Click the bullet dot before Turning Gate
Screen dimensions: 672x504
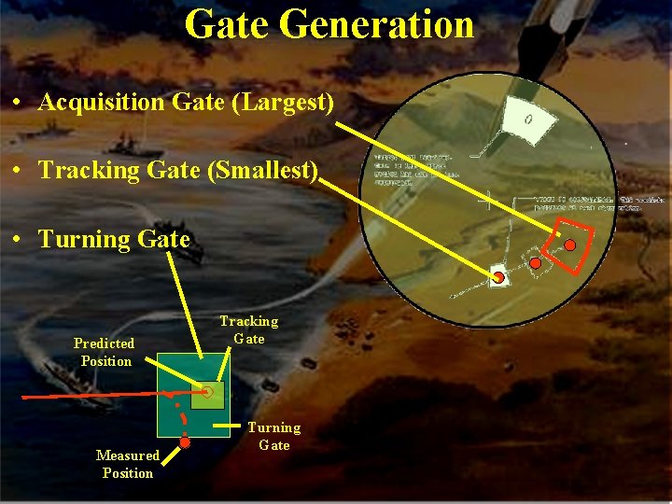(19, 240)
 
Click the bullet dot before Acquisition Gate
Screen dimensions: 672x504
(19, 103)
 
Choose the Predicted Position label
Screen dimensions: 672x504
(105, 352)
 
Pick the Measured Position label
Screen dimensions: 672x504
(128, 464)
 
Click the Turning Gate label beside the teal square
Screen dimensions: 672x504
(273, 436)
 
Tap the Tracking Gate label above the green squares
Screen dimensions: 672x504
(248, 329)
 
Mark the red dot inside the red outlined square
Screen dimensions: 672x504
(569, 245)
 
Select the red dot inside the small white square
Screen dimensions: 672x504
(499, 278)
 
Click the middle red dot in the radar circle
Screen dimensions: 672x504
(535, 264)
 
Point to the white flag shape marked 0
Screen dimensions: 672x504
(527, 120)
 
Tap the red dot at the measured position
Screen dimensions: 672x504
(185, 443)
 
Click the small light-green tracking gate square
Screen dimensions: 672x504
(208, 394)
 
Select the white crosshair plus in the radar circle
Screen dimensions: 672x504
(484, 200)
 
